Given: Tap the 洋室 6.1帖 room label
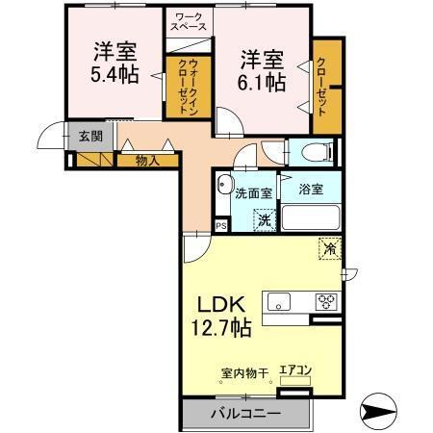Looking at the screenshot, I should pos(261,69).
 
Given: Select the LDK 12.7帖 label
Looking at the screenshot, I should pos(222,314).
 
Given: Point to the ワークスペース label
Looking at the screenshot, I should pos(189,22).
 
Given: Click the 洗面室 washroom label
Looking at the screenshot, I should pos(254,192).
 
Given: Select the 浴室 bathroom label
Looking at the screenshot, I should pos(309,190).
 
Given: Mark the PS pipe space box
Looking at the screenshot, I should pos(221,225).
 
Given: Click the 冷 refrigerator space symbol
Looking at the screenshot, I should pos(329,248).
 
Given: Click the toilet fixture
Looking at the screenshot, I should pos(315,152).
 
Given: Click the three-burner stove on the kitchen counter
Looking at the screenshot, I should pos(326,302).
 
